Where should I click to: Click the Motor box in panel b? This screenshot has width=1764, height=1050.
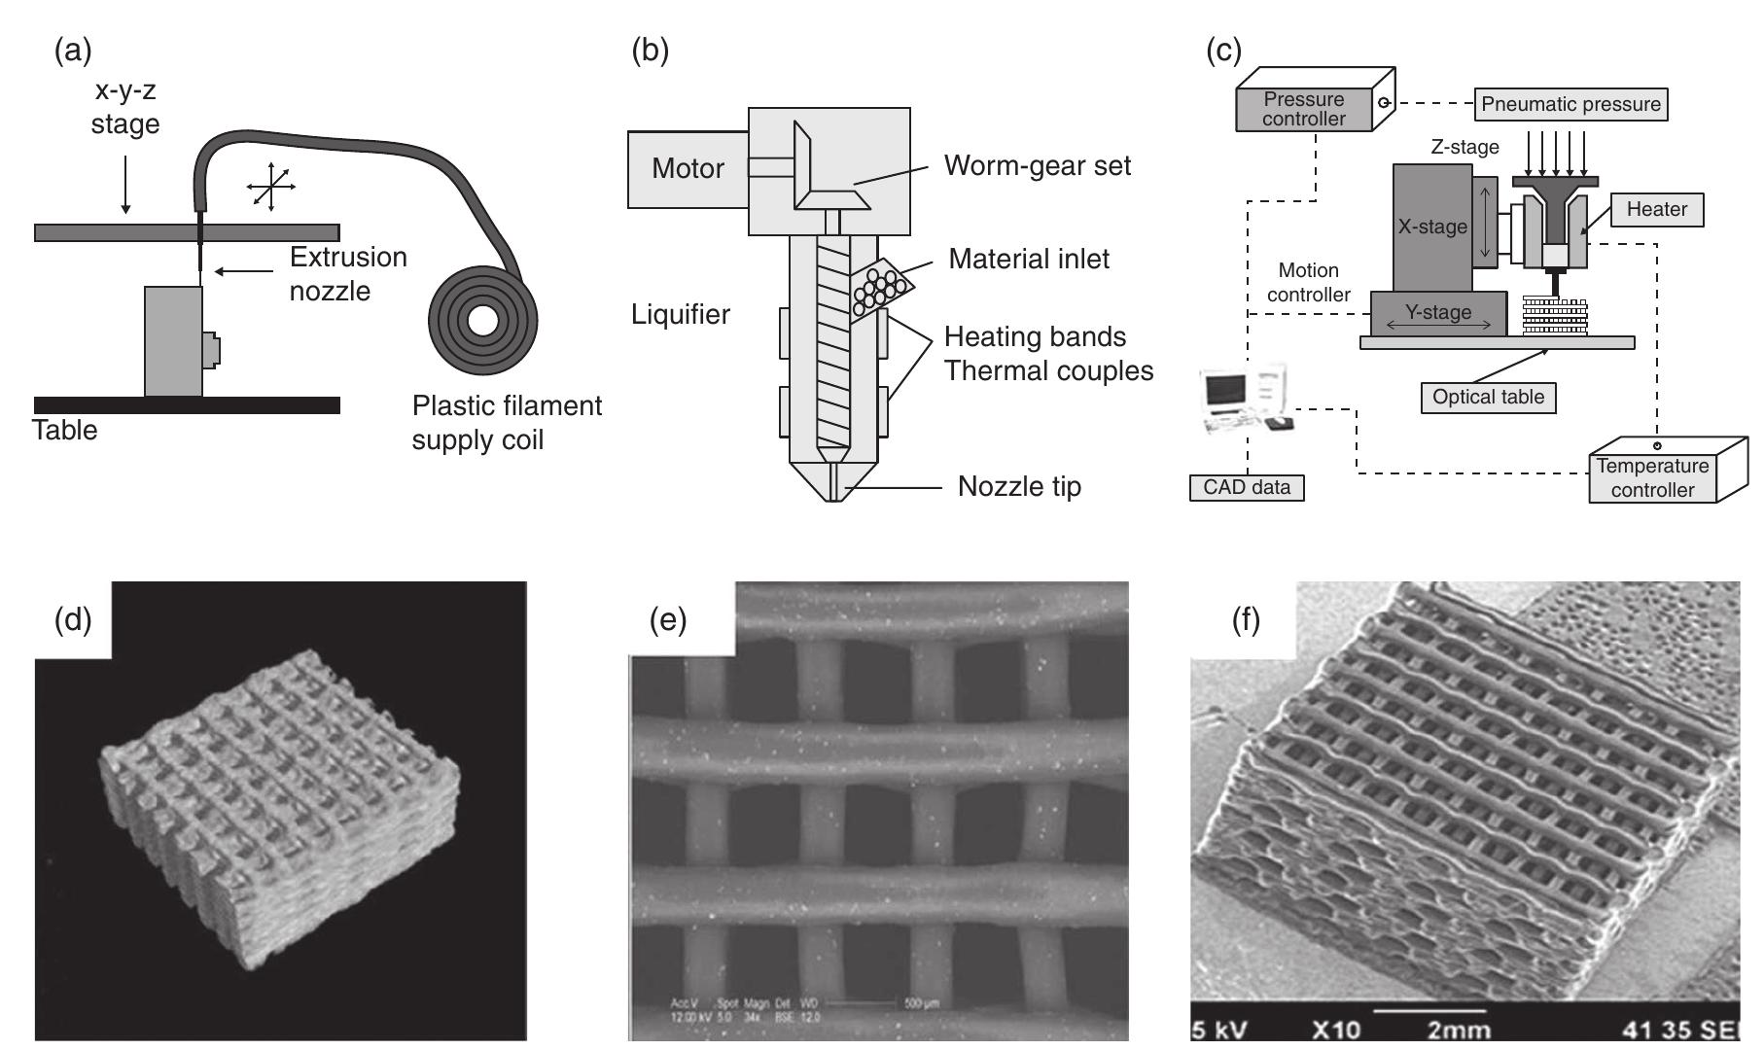point(688,168)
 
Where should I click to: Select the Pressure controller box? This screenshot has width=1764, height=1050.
point(1304,109)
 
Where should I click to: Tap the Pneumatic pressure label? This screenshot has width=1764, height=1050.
point(1570,104)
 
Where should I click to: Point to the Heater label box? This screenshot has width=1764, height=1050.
point(1657,209)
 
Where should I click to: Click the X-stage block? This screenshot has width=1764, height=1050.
point(1431,227)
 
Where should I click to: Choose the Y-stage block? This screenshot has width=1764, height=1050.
point(1438,313)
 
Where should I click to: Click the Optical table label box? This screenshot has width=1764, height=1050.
point(1488,397)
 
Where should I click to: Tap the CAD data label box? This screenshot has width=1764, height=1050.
point(1247,487)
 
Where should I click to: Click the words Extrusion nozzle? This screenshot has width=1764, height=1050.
point(347,273)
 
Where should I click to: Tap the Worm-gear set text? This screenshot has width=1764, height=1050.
point(1038,165)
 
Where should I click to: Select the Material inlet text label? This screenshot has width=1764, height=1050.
point(1029,259)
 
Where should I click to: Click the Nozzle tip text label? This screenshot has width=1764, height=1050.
point(1019,486)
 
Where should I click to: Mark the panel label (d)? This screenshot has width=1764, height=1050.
point(73,618)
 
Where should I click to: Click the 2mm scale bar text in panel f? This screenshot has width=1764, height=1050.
point(1459,1029)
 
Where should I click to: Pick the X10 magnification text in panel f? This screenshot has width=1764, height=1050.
point(1336,1029)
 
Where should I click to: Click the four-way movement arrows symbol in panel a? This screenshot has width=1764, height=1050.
point(270,185)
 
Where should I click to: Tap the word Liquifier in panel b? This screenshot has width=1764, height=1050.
point(681,314)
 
